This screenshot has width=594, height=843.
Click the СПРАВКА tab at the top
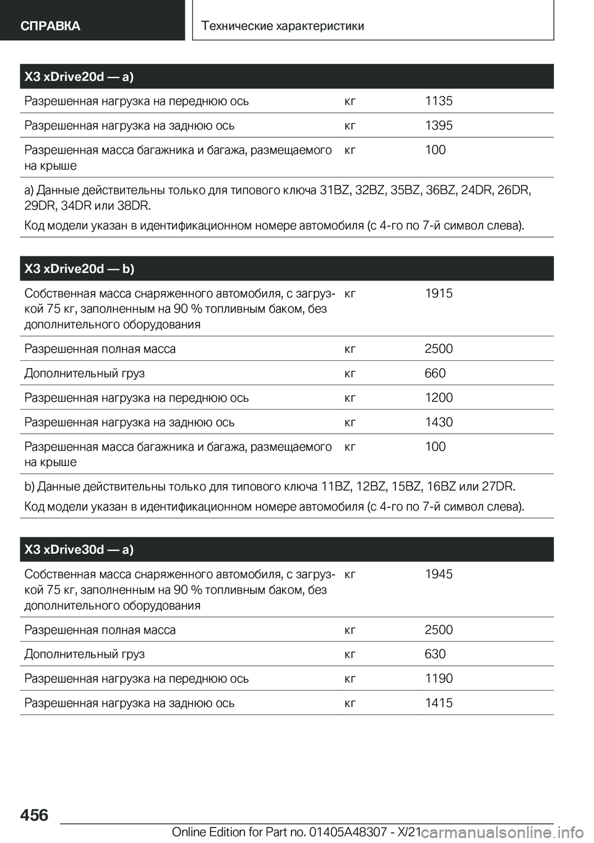click(50, 25)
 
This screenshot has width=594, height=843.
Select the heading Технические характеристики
click(283, 25)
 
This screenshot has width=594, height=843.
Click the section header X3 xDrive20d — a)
click(79, 77)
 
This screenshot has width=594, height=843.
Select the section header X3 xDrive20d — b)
click(79, 269)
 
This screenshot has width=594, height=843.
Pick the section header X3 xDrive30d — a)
click(79, 550)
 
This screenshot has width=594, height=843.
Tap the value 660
click(435, 373)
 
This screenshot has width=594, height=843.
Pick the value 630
click(435, 654)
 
